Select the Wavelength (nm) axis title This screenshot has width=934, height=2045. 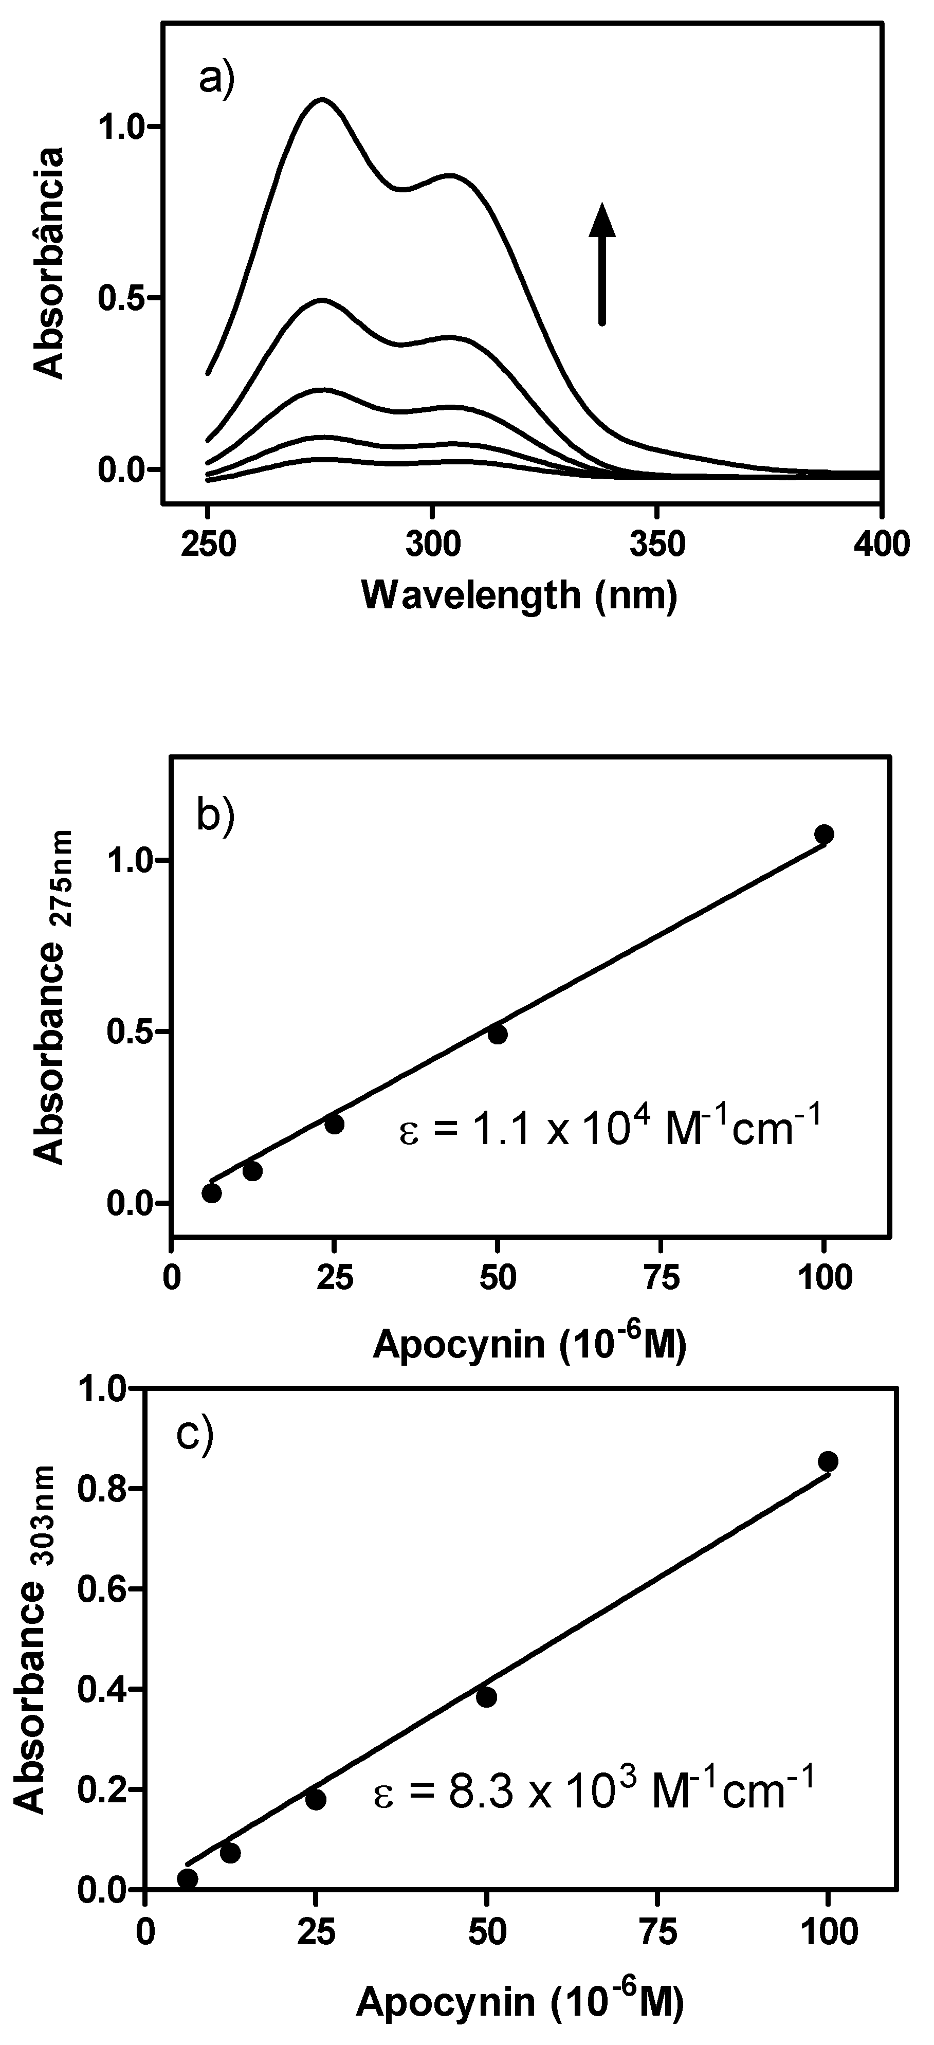(x=520, y=594)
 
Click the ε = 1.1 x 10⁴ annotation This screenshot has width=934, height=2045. (x=607, y=1130)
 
